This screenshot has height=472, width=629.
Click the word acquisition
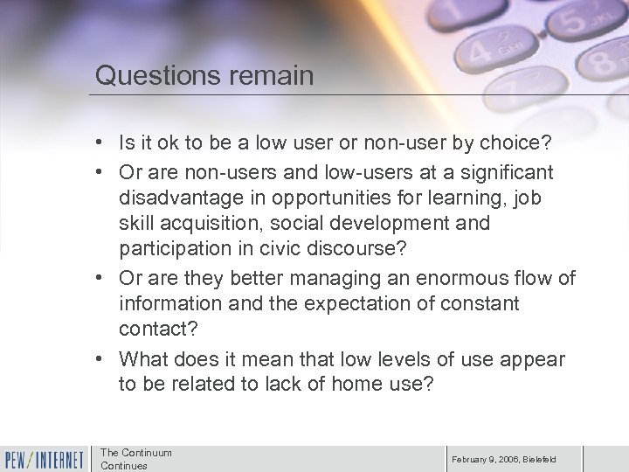pyautogui.click(x=204, y=223)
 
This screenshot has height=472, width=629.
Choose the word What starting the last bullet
pyautogui.click(x=143, y=359)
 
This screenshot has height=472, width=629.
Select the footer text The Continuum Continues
pyautogui.click(x=136, y=459)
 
